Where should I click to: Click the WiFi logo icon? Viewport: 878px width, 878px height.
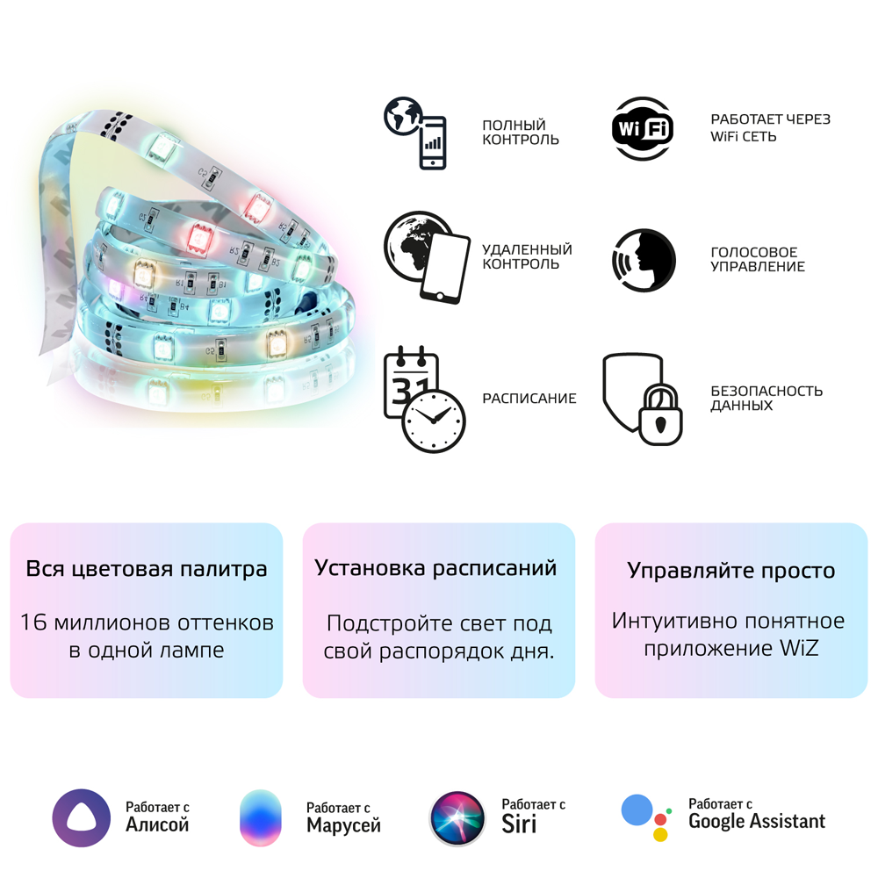pyautogui.click(x=643, y=129)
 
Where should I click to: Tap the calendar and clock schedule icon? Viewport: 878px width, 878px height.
pyautogui.click(x=425, y=399)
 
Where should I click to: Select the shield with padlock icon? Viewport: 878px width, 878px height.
pyautogui.click(x=643, y=399)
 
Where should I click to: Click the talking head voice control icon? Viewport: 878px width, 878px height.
pyautogui.click(x=644, y=261)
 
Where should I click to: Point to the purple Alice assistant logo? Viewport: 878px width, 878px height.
pyautogui.click(x=81, y=818)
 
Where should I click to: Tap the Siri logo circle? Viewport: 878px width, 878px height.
pyautogui.click(x=457, y=818)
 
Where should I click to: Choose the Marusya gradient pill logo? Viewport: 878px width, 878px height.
pyautogui.click(x=261, y=817)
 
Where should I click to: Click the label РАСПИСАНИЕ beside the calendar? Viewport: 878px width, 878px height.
pyautogui.click(x=529, y=398)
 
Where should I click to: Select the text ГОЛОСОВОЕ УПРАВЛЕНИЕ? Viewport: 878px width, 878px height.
pyautogui.click(x=758, y=259)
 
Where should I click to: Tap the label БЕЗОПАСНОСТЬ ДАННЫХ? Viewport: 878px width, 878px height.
pyautogui.click(x=766, y=398)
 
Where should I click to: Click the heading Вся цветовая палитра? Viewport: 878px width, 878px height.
pyautogui.click(x=147, y=569)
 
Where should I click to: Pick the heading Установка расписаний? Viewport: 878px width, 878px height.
pyautogui.click(x=435, y=568)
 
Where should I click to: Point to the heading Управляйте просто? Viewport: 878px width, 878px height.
pyautogui.click(x=730, y=571)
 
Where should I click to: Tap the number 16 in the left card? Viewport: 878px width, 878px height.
pyautogui.click(x=33, y=623)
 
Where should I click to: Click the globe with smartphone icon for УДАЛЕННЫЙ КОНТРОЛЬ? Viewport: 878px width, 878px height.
pyautogui.click(x=427, y=257)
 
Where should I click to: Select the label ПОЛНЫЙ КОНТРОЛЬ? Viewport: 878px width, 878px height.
pyautogui.click(x=520, y=133)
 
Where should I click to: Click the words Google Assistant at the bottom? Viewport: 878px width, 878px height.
pyautogui.click(x=757, y=822)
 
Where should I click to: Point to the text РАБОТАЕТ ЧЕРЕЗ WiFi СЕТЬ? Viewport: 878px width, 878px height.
pyautogui.click(x=771, y=127)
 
